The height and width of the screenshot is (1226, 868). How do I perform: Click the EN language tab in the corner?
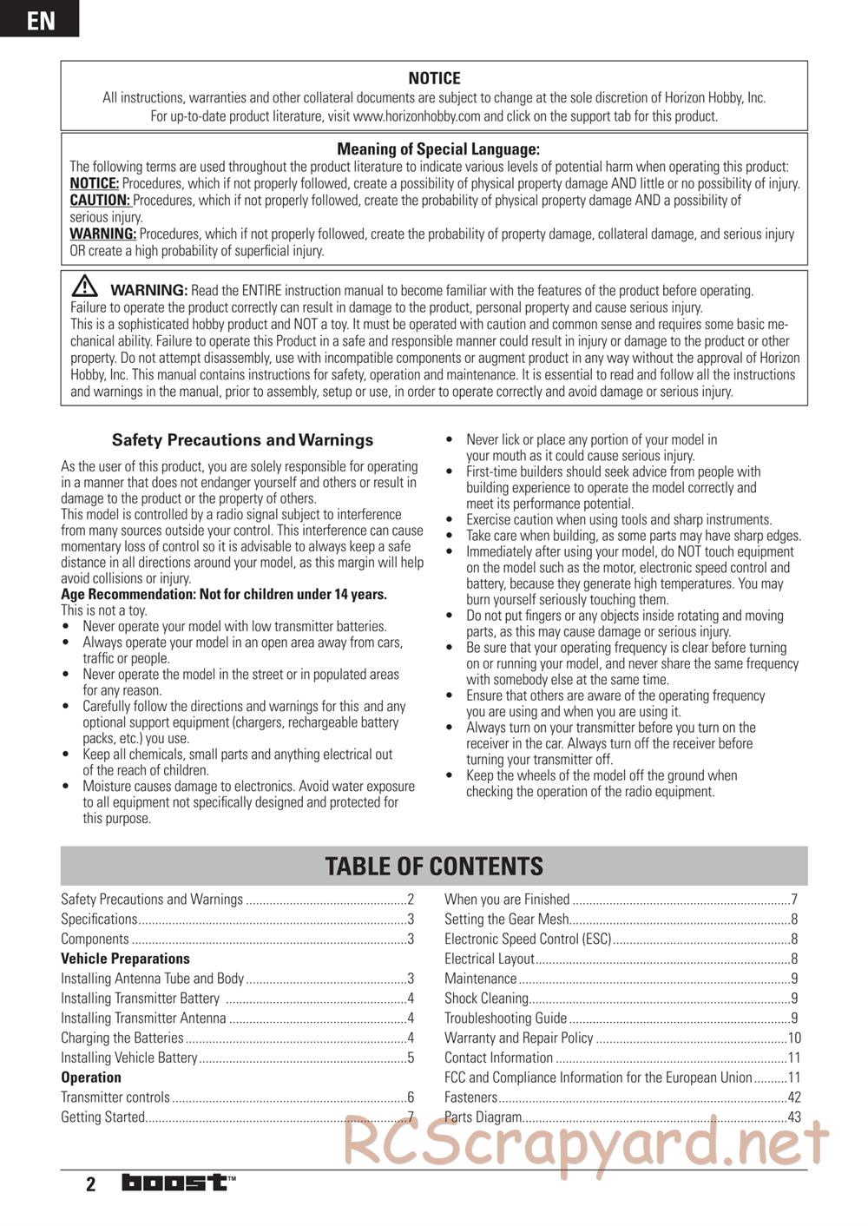pyautogui.click(x=40, y=19)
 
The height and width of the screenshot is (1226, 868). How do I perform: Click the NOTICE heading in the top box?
pyautogui.click(x=434, y=78)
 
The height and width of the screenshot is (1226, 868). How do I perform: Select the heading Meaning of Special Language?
pyautogui.click(x=437, y=149)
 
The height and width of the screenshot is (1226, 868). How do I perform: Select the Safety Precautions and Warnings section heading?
pyautogui.click(x=242, y=440)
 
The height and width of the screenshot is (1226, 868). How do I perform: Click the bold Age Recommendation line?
pyautogui.click(x=224, y=595)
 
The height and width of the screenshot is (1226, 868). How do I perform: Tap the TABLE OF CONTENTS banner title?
pyautogui.click(x=434, y=866)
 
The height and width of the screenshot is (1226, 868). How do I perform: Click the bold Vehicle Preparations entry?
pyautogui.click(x=125, y=959)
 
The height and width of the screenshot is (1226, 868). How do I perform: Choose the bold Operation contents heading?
pyautogui.click(x=91, y=1078)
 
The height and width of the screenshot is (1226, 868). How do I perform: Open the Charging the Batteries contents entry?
pyautogui.click(x=122, y=1038)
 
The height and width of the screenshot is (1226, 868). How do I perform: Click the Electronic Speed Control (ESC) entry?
pyautogui.click(x=528, y=939)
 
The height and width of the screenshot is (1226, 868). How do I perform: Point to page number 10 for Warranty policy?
pyautogui.click(x=793, y=1038)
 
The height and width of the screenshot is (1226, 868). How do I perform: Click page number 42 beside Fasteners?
pyautogui.click(x=793, y=1097)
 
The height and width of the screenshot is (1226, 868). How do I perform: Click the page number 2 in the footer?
pyautogui.click(x=90, y=1184)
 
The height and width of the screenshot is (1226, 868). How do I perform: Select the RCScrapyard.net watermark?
pyautogui.click(x=587, y=1144)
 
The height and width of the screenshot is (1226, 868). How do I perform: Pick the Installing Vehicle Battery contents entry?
pyautogui.click(x=129, y=1058)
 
